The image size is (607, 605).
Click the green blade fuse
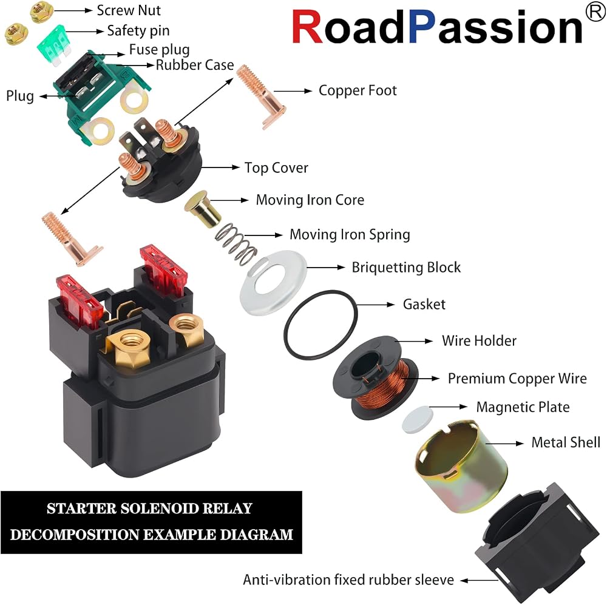pos(54,44)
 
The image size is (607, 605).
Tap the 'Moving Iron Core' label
pos(310,200)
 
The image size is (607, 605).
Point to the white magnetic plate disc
pos(418,419)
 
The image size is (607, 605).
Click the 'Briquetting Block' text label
pos(406,268)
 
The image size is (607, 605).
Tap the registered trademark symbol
pos(595,12)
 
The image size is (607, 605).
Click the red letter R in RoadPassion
pos(307,27)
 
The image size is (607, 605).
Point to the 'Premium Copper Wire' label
pos(517,378)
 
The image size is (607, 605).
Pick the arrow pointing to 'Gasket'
pos(375,305)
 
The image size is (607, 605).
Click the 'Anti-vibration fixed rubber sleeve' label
pos(348,580)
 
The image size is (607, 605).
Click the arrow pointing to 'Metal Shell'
pos(504,444)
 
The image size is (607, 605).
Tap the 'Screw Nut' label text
pos(129,10)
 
